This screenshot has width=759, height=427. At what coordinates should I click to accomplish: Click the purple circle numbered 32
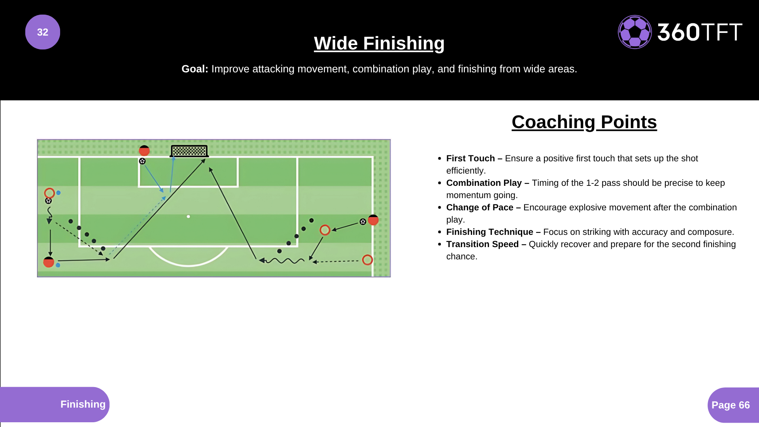click(x=43, y=32)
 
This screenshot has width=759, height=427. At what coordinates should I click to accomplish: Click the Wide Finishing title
click(x=379, y=43)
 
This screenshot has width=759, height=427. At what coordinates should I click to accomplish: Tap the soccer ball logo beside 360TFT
click(x=634, y=32)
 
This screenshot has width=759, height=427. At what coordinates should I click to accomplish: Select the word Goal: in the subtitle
click(x=194, y=69)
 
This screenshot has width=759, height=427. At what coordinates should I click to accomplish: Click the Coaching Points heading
click(x=584, y=122)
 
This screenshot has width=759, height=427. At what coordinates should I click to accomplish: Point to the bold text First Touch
click(x=470, y=159)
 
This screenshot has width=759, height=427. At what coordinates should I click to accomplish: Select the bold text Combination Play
click(x=483, y=183)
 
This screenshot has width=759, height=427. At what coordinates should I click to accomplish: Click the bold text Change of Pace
click(x=480, y=208)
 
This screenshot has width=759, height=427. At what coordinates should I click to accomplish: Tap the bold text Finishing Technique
click(x=489, y=232)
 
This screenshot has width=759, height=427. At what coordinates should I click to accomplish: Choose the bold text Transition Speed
click(x=482, y=244)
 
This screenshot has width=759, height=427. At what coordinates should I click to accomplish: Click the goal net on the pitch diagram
click(x=189, y=151)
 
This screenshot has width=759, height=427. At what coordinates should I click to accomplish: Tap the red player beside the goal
click(x=144, y=151)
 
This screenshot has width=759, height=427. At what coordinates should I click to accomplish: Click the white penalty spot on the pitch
click(x=189, y=217)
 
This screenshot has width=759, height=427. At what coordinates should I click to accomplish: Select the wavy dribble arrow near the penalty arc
click(x=283, y=261)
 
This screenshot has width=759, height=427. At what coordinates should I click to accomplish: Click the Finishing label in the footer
click(x=83, y=404)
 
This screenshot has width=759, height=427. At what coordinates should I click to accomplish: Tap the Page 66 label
click(x=731, y=405)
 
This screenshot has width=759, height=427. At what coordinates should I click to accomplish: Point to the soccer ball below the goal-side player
click(x=142, y=161)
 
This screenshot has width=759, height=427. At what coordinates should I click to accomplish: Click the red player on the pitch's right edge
click(x=373, y=220)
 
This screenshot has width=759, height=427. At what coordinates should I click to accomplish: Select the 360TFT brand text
click(x=700, y=32)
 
